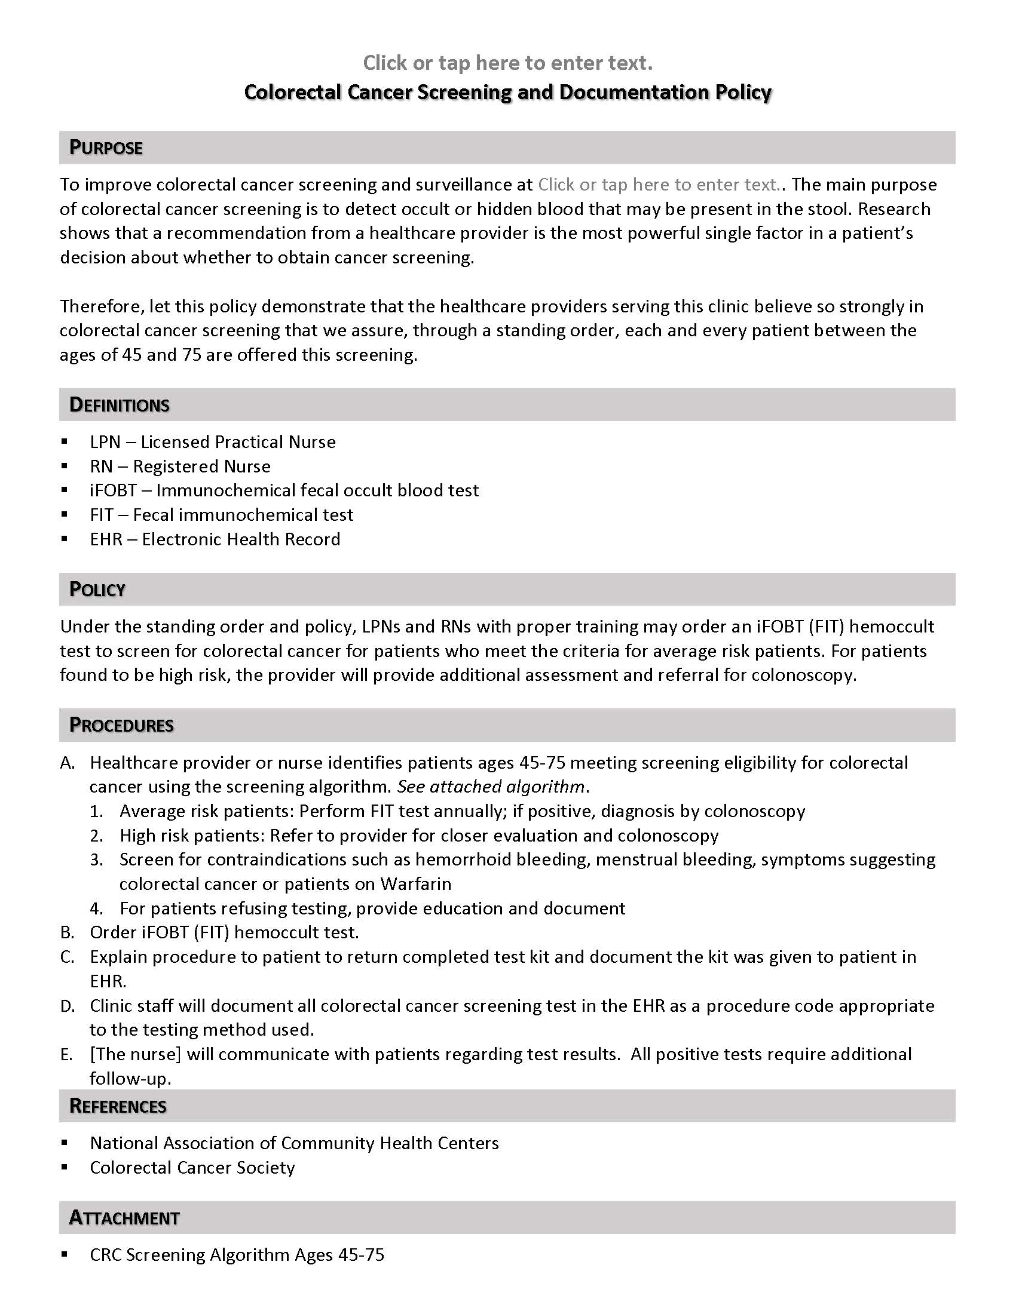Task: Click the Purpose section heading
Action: [106, 148]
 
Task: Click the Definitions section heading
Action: [119, 404]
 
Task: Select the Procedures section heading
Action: [121, 724]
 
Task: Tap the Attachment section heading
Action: [124, 1217]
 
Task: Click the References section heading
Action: [118, 1105]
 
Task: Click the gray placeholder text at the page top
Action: [507, 63]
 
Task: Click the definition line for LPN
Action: [213, 441]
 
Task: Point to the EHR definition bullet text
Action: [215, 539]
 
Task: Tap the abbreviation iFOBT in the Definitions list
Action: [113, 490]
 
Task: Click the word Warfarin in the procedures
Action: [415, 883]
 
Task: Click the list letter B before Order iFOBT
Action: [67, 932]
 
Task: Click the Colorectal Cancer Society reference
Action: [192, 1167]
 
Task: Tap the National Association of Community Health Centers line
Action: [293, 1143]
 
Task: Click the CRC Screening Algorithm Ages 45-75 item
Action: [237, 1254]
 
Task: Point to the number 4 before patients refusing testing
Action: [96, 908]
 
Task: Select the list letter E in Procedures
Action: [66, 1054]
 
